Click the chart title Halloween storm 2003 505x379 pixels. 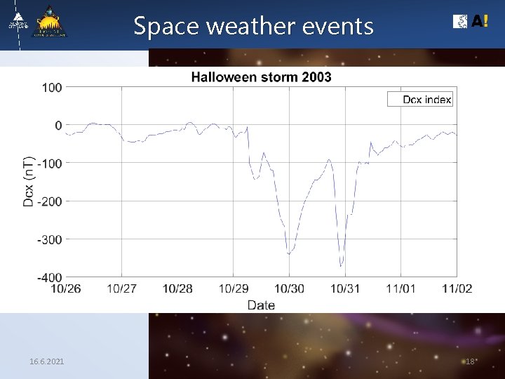[261, 77]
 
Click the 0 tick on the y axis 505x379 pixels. [58, 126]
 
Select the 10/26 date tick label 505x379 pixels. [66, 289]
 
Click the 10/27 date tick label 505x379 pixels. [122, 289]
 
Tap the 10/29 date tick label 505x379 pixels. [234, 289]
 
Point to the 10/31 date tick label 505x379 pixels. [345, 289]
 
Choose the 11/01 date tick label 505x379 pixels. [401, 289]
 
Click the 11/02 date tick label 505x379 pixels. [457, 289]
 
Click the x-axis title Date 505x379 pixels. [261, 305]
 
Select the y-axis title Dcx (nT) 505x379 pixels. [29, 181]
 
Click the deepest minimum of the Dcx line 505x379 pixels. [341, 266]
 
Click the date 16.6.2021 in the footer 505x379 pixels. [47, 361]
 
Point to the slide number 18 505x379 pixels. [471, 361]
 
